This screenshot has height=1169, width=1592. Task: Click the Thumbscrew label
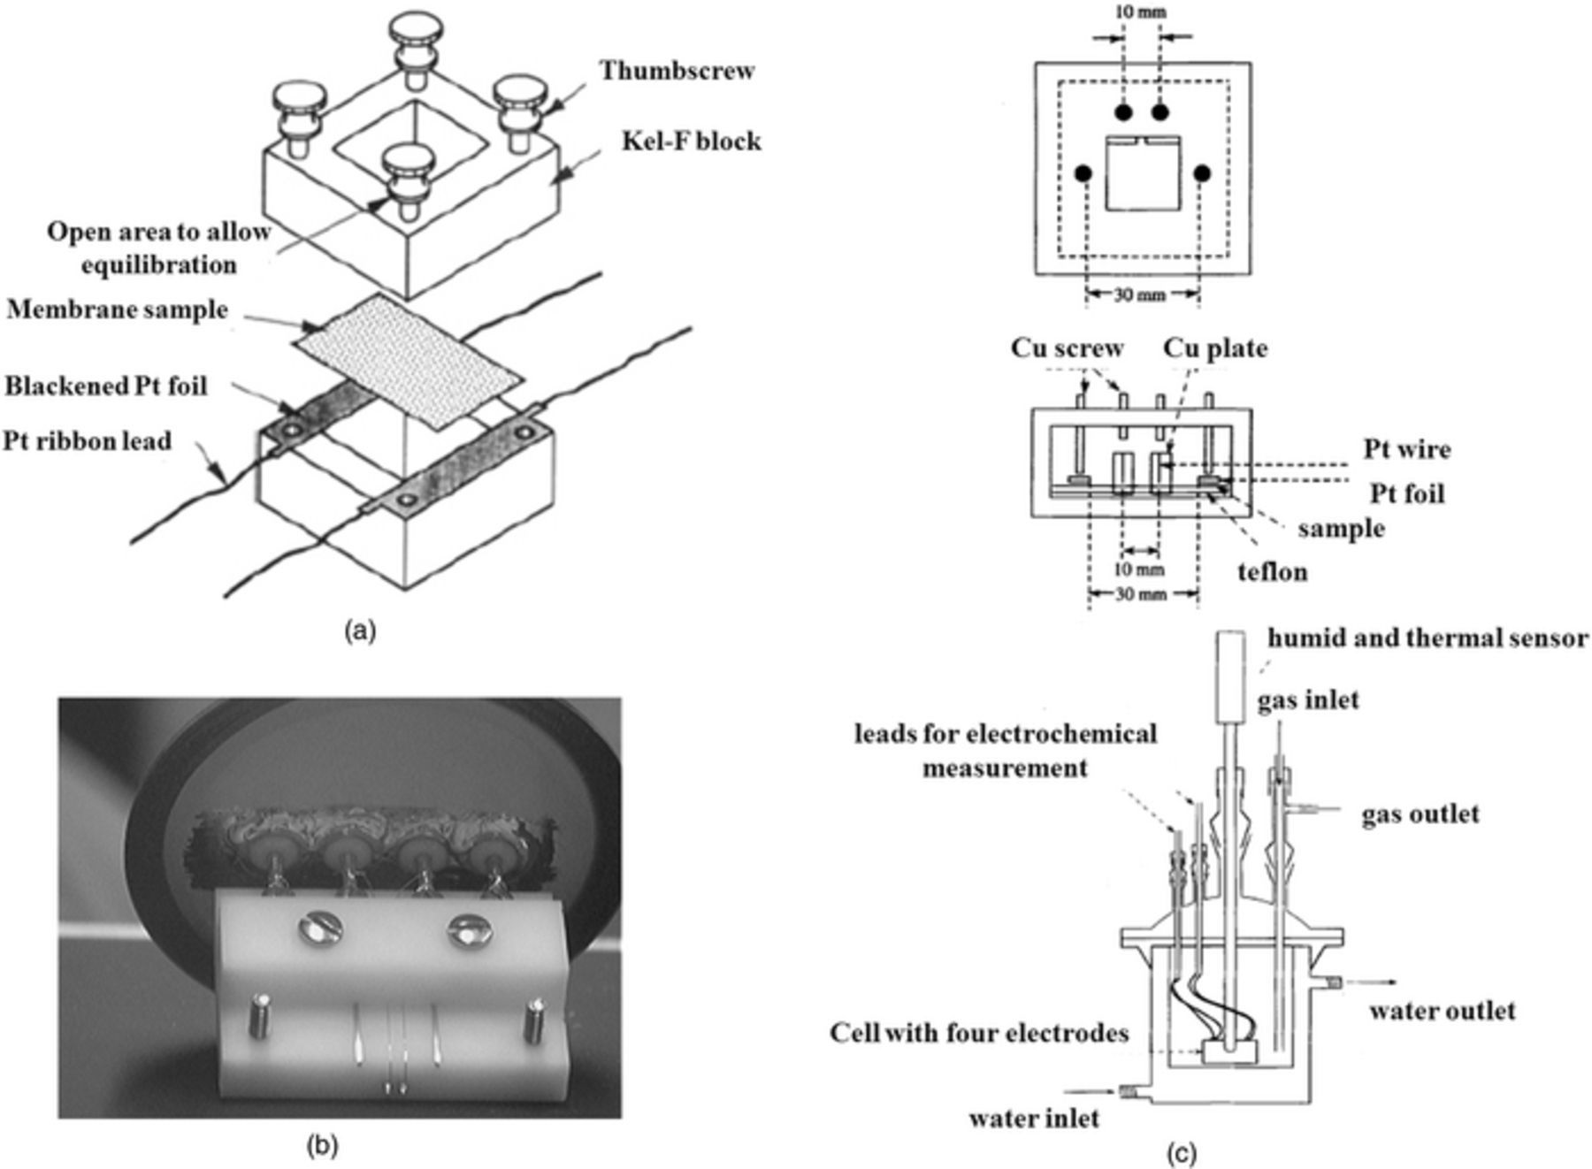[677, 71]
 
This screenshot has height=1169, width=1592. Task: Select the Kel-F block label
[691, 141]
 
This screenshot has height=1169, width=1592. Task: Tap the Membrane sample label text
[117, 310]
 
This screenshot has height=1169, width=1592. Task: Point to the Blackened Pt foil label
[106, 386]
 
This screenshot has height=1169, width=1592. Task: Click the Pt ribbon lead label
[87, 440]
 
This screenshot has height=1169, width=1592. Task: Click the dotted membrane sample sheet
[409, 361]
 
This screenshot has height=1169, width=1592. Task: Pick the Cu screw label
[1067, 348]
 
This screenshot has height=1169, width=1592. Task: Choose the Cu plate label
[1214, 348]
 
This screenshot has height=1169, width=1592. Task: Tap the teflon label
[1272, 572]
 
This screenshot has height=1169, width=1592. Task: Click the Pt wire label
[1406, 449]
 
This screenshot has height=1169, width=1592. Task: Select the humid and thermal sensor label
[1427, 638]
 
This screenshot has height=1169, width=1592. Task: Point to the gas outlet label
[1420, 814]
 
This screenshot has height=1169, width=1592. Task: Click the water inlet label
[1033, 1119]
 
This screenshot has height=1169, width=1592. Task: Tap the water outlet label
[1442, 1011]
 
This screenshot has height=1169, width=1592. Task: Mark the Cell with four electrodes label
[978, 1033]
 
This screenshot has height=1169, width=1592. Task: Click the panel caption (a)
[359, 631]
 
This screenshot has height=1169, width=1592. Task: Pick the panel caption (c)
[1183, 1153]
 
